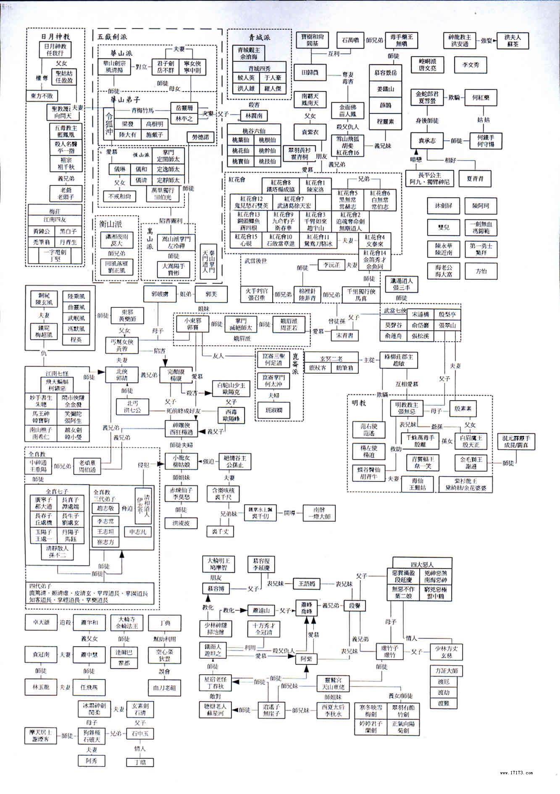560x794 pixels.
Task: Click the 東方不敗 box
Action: [42, 96]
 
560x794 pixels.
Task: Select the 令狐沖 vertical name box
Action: [109, 123]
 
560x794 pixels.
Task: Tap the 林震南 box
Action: [254, 115]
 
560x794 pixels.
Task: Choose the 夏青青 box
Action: [475, 178]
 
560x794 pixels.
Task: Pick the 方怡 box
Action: [481, 271]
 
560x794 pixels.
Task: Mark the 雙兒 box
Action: [444, 227]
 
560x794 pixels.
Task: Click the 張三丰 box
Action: [402, 284]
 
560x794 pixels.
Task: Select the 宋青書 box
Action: [345, 335]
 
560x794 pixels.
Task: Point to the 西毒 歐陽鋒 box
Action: [231, 415]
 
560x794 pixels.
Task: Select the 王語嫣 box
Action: [306, 583]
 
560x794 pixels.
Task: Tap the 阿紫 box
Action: [306, 659]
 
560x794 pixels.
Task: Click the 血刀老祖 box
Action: [164, 688]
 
